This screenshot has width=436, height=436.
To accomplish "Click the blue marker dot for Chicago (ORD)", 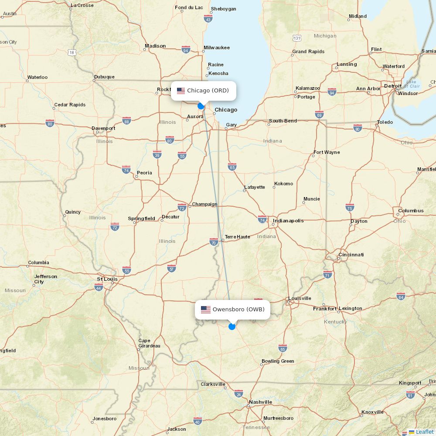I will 201,106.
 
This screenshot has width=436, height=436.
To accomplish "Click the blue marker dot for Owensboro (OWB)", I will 232,326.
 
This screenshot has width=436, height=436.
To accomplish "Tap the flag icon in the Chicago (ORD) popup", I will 181,91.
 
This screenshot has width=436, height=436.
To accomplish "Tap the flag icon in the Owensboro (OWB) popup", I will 206,310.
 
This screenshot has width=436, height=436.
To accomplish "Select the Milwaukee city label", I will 216,48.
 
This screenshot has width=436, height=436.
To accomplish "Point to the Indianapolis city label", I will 288,221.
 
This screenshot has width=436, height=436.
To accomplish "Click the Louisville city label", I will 300,298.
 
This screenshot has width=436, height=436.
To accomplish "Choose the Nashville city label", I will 260,402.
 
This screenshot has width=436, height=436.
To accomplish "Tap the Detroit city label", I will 393,86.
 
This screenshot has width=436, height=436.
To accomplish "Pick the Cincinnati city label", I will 351,255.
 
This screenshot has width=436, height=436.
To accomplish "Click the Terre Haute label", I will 237,237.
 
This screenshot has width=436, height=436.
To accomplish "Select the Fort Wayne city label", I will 327,152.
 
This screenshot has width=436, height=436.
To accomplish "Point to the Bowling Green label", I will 278,361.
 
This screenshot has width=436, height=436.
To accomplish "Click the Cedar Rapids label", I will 70,105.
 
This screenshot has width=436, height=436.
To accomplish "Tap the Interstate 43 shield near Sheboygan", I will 208,19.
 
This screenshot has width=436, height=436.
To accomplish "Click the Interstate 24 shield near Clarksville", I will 238,394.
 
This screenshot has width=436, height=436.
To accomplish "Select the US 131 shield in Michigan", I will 297,38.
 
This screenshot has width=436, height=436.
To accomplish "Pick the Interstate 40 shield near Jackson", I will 198,421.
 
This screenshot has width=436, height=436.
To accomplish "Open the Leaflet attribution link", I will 424,432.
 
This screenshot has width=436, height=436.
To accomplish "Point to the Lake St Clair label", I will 412,84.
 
